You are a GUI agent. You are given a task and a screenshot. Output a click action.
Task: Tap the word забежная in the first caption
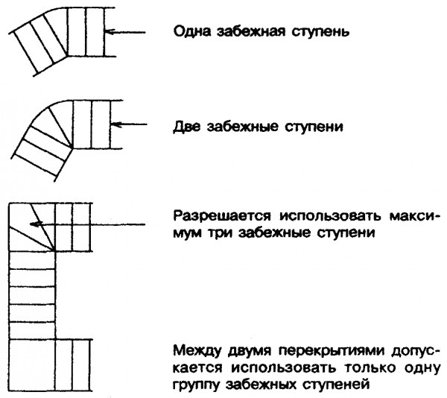click(251, 32)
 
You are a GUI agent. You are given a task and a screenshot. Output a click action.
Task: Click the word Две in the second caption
click(187, 127)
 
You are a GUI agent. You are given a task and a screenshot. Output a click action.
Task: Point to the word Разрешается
click(222, 216)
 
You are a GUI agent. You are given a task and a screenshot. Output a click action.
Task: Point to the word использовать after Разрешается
click(330, 216)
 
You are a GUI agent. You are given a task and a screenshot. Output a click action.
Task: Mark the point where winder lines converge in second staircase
click(73, 148)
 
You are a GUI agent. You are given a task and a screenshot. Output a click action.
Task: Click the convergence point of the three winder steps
click(54, 251)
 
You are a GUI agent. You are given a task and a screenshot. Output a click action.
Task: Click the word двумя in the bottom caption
click(250, 352)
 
